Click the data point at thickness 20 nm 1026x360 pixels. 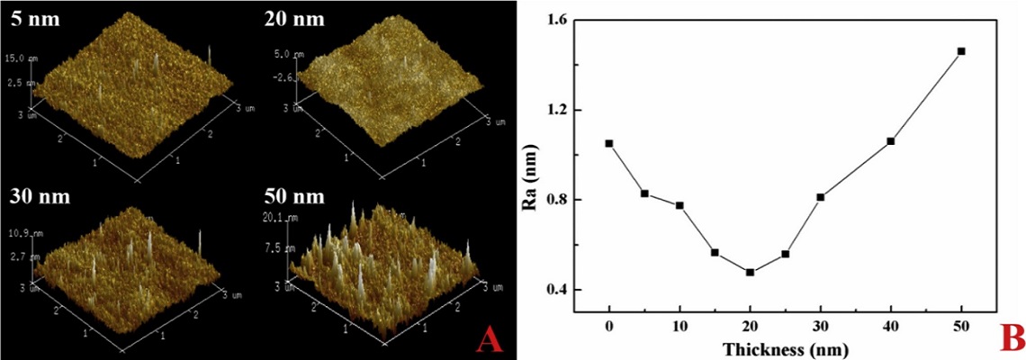coord(750,272)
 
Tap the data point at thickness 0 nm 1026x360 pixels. coord(609,143)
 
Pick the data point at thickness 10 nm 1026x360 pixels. coord(679,205)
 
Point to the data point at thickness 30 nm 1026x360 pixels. coord(821,197)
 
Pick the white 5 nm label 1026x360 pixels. coord(34,17)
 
